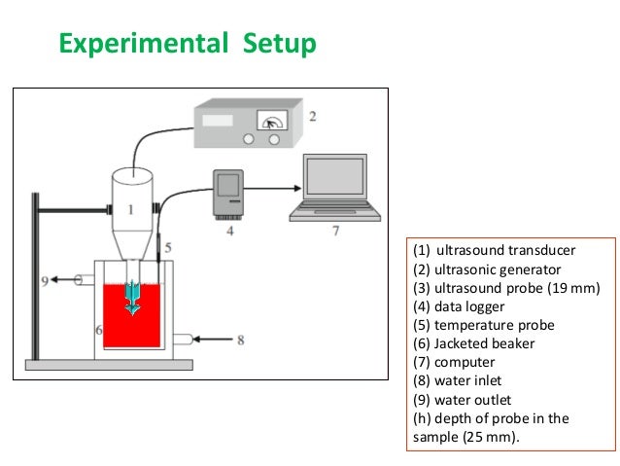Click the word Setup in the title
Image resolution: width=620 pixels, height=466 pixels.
click(x=280, y=45)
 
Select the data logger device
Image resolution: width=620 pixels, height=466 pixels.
click(x=229, y=191)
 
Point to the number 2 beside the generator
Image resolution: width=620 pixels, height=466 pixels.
click(x=312, y=116)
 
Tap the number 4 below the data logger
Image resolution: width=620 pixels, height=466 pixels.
click(x=229, y=233)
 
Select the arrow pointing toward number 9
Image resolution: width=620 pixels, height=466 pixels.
click(x=71, y=280)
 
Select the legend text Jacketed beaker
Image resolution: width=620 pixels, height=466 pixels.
click(x=473, y=342)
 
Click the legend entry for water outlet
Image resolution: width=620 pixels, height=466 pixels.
click(x=462, y=400)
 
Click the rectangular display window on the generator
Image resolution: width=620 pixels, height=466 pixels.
click(x=219, y=121)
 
